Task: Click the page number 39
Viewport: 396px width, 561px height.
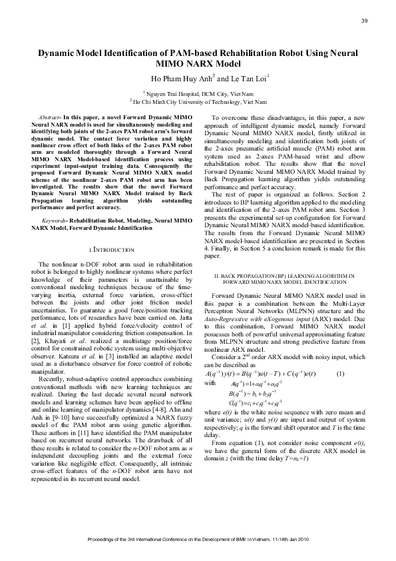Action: pyautogui.click(x=364, y=21)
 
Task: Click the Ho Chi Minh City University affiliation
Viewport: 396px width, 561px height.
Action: pyautogui.click(x=200, y=103)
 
